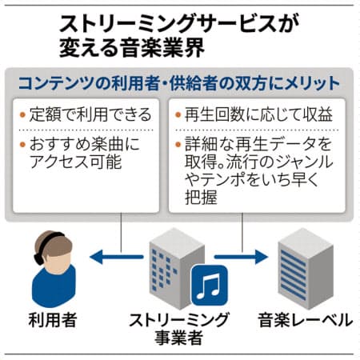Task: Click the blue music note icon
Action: pos(210,285)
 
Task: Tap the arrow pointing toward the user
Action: pos(117,257)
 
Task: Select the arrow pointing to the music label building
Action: pos(241,257)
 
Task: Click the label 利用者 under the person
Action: pos(53,320)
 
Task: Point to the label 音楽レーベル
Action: pos(306,320)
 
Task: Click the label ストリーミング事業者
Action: pos(179,329)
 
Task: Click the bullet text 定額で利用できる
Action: pos(90,114)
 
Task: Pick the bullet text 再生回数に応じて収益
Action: pos(258,114)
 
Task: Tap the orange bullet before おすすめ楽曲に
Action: pos(22,145)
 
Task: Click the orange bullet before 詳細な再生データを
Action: pos(178,145)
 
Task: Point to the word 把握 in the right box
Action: pos(201,198)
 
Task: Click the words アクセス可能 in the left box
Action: pos(76,162)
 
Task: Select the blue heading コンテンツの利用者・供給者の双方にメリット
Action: pos(179,83)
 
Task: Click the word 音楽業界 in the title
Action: pos(163,48)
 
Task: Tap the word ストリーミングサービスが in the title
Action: pos(179,23)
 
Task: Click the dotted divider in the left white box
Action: pos(86,130)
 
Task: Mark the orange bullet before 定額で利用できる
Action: pos(22,115)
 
